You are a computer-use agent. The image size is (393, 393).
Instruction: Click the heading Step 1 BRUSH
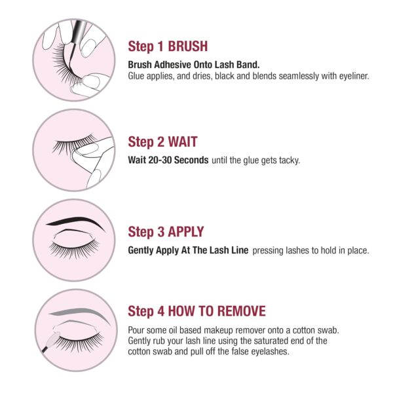click(168, 47)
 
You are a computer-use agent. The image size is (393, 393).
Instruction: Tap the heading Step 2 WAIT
click(162, 141)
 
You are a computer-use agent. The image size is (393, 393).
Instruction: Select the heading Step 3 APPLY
click(166, 232)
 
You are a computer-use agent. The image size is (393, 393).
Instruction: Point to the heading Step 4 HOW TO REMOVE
click(196, 310)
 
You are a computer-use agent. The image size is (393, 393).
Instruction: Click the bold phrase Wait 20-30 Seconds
click(168, 160)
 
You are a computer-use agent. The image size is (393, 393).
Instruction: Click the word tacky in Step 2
click(289, 160)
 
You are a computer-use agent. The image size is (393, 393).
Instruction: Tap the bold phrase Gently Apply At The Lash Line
click(188, 250)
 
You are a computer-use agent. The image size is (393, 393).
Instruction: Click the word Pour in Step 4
click(136, 329)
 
